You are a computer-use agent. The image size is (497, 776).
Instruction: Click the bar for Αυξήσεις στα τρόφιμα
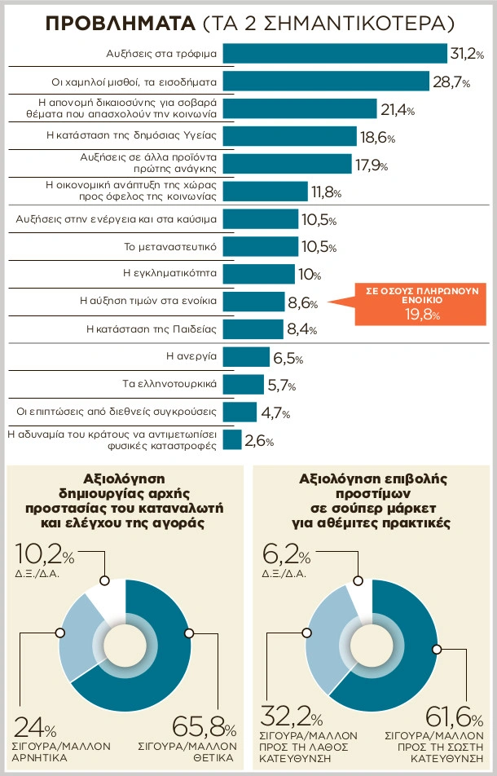pos(334,54)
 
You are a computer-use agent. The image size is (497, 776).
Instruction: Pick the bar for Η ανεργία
pos(245,356)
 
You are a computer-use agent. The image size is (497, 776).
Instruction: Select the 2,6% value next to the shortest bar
pos(260,441)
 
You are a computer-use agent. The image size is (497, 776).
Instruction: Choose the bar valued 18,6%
pos(289,136)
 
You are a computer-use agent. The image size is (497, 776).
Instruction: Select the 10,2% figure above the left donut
pos(45,558)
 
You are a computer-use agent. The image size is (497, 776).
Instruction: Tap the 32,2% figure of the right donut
pos(289,718)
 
